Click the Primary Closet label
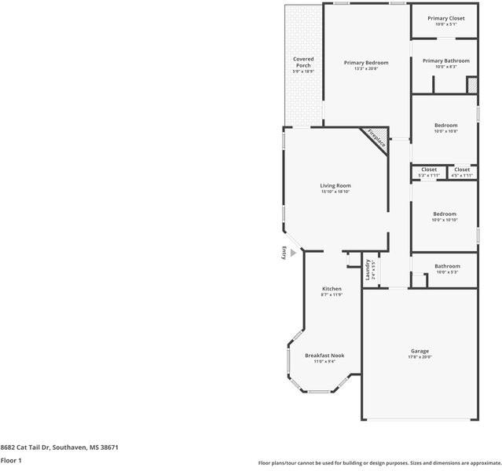tap(445, 18)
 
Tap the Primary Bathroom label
tap(445, 61)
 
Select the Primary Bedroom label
tap(366, 62)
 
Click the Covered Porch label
tap(303, 62)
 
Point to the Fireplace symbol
tap(376, 139)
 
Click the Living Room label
tap(335, 186)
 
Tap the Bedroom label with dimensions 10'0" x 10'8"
tap(445, 126)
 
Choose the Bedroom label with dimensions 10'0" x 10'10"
tap(445, 214)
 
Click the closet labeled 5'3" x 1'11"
tap(429, 170)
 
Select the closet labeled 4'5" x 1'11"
tap(462, 170)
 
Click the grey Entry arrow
tap(294, 253)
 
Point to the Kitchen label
tap(332, 289)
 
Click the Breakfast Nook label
tap(324, 356)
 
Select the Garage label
tap(420, 351)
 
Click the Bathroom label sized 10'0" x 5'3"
tap(447, 266)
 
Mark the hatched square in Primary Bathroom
tap(472, 85)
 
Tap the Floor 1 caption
tap(11, 460)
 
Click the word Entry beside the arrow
tap(284, 253)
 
